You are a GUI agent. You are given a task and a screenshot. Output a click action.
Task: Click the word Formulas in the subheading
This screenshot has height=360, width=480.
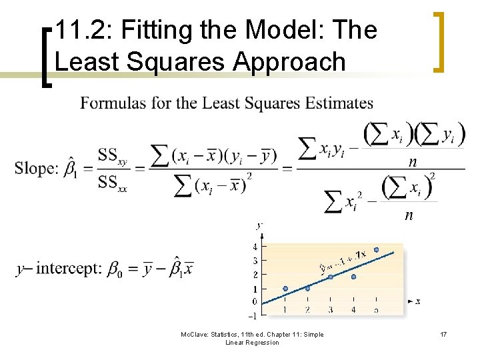coord(108,103)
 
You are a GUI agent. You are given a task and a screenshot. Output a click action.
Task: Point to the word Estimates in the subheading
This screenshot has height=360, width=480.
coord(340,103)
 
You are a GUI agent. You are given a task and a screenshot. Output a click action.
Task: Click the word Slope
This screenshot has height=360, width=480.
coord(36,168)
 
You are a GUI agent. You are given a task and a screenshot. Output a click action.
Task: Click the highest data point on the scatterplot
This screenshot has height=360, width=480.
coord(376,250)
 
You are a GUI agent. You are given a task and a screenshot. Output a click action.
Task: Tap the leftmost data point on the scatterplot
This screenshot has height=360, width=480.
coord(285,289)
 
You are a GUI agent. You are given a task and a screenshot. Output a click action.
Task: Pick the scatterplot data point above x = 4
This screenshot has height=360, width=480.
coord(353,276)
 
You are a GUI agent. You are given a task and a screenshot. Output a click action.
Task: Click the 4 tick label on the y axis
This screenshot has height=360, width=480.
coord(255,247)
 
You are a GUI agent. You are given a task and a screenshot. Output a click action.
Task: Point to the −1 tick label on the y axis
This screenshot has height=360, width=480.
coord(253,315)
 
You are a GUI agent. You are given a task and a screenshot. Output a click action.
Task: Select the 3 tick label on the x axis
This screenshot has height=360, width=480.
coord(330,310)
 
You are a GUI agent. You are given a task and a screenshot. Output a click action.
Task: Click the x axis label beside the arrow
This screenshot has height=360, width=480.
coord(418,301)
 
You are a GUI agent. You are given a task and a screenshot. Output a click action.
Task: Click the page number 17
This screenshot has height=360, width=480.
coord(443,334)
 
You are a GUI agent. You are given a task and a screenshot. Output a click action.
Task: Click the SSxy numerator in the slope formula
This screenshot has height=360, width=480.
coord(112,157)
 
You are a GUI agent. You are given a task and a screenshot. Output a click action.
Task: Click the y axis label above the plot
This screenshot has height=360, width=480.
coord(259,225)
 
